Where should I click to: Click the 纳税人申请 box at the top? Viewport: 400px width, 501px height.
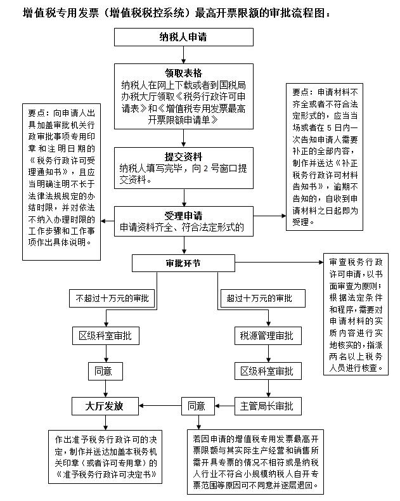183,37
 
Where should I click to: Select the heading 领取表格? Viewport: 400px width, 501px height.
183,73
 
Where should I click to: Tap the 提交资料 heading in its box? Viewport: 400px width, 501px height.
183,157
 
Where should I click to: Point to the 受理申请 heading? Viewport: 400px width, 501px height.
183,215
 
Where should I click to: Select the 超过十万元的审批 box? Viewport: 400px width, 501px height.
259,298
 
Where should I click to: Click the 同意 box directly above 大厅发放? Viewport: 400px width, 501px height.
105,370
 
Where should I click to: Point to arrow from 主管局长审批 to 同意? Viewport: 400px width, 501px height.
222,405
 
